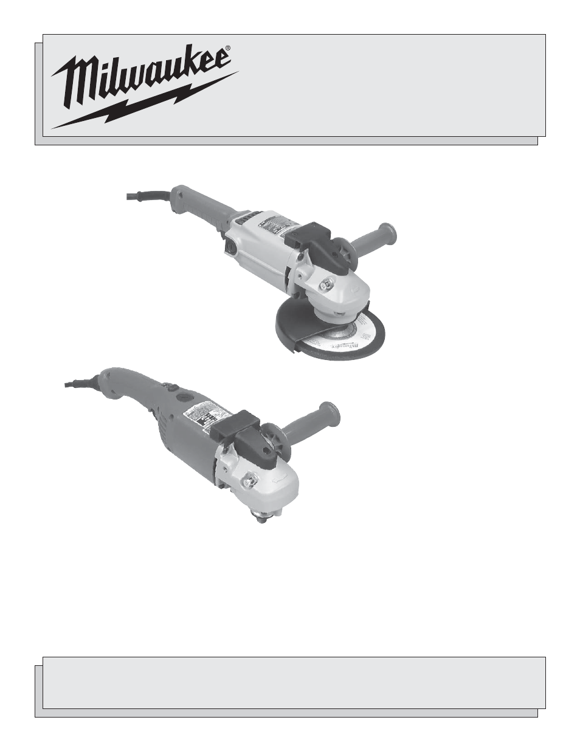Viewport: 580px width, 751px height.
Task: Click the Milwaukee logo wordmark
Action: pos(140,76)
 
